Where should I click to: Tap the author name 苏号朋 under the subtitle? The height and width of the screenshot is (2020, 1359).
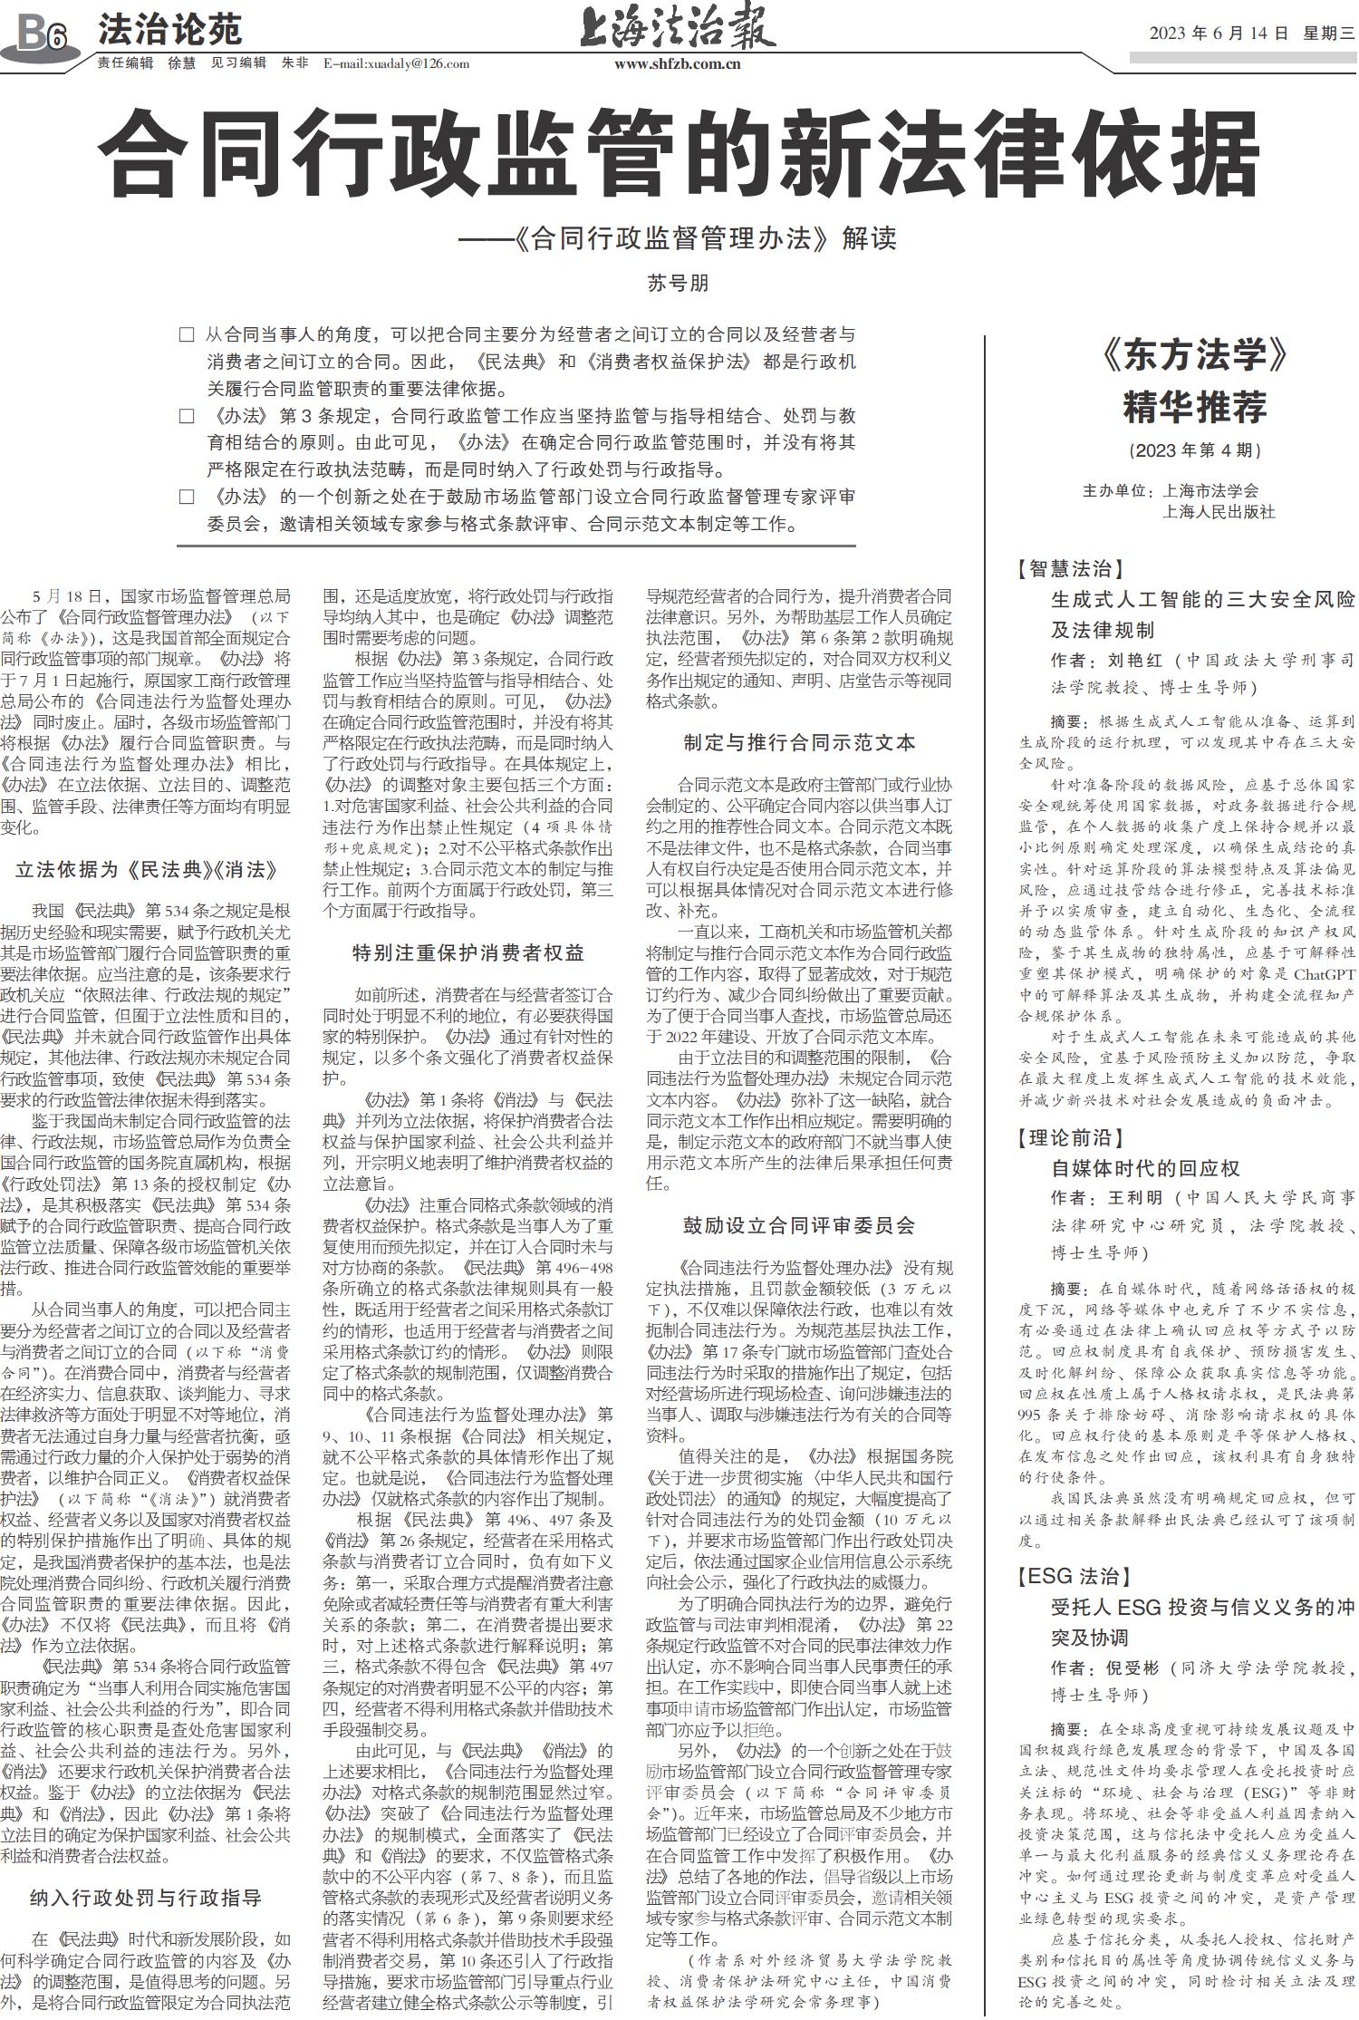point(678,283)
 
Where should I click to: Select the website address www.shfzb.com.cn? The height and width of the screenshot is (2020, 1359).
point(678,64)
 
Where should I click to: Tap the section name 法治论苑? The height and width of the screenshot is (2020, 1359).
point(170,31)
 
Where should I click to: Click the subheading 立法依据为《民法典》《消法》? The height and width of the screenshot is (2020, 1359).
point(146,870)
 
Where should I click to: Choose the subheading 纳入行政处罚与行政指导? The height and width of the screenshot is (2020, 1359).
point(146,1898)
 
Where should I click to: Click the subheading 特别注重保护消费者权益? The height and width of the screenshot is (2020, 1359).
point(468,952)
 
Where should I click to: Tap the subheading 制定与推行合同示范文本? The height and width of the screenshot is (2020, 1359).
point(799,742)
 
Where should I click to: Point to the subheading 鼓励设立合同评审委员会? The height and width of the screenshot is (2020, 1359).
point(799,1225)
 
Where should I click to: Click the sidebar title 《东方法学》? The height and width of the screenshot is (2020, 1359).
point(1195,356)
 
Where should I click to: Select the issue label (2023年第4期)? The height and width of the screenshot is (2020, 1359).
point(1195,450)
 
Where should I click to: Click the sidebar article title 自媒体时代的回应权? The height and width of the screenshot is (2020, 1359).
point(1145,1168)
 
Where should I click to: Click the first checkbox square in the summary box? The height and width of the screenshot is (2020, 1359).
point(187,335)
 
